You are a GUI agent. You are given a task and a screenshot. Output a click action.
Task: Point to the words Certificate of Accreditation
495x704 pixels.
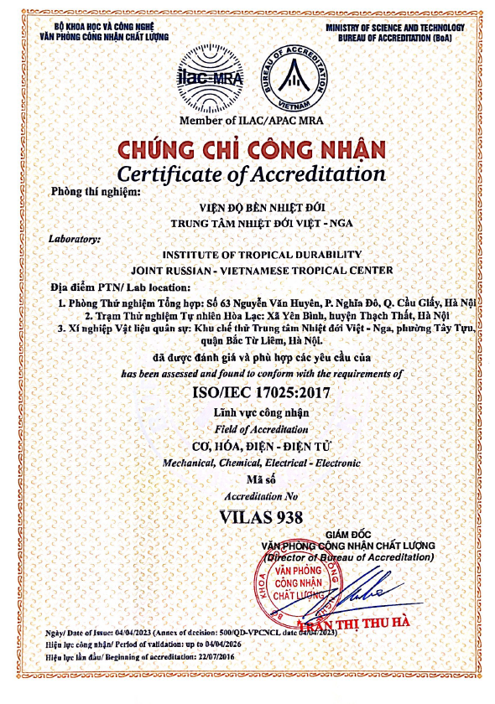(251, 174)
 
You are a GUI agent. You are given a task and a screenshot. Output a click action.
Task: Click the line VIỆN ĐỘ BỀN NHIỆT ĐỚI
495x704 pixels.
(251, 210)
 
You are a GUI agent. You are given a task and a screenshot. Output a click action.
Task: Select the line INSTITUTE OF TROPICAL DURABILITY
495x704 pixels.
(251, 254)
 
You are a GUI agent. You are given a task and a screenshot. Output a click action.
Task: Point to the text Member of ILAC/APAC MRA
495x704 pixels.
(251, 122)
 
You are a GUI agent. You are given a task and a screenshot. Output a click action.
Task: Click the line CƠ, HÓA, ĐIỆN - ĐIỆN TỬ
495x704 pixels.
(251, 446)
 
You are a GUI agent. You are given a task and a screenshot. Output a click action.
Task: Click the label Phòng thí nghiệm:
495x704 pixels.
(87, 192)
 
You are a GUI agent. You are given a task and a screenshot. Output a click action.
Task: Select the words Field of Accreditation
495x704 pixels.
(251, 428)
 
